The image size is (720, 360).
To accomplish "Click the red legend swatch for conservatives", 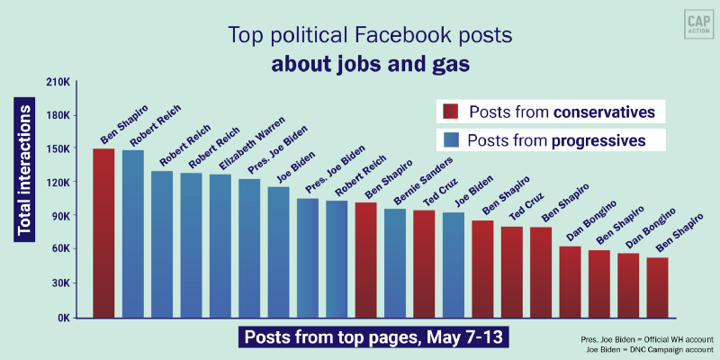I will (x=450, y=112).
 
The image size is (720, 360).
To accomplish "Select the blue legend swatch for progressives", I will (x=450, y=140).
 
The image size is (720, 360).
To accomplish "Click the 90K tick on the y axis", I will (x=58, y=216).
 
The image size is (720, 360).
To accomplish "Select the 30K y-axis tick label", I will (x=58, y=283).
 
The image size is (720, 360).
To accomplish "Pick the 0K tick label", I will (x=62, y=317).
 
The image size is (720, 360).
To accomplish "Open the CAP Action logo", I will (x=691, y=24).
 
